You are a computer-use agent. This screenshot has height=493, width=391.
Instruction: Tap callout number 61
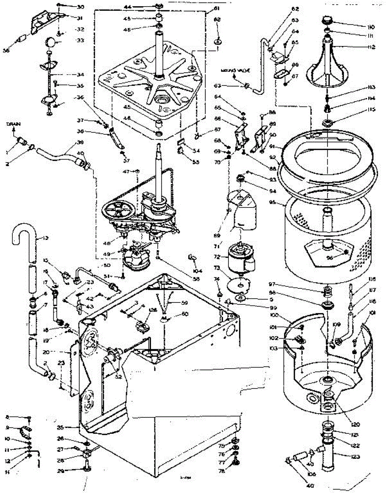point(216,8)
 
